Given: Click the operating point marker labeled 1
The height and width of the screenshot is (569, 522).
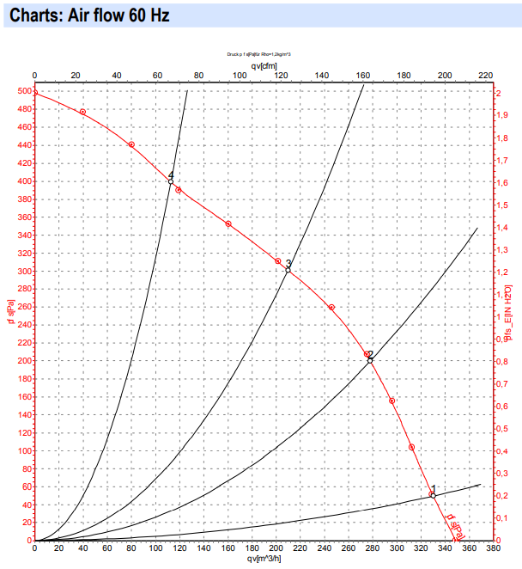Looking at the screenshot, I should pos(433,495).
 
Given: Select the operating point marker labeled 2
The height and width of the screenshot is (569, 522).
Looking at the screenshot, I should pos(370,360).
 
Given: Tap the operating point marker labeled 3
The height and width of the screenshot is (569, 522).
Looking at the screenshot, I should pos(288,270).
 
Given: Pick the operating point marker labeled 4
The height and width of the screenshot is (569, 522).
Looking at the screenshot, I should pos(171,181).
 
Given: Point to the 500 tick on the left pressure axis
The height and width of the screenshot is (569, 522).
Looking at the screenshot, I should pos(21,91).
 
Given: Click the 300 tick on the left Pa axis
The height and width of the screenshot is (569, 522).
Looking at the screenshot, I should pos(21,271).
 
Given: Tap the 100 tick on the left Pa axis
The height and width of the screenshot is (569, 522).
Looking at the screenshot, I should pos(21,450).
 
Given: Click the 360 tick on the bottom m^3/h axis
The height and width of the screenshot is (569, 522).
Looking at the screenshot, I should pos(469,548).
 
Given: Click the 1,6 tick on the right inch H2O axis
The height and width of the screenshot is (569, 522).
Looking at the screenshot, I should pos(505,181).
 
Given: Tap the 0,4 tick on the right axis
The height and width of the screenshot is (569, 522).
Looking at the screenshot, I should pos(505,450).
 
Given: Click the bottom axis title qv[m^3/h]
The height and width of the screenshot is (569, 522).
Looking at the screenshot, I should pos(264,559).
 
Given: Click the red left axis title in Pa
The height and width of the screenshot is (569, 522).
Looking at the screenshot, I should pos(8,308).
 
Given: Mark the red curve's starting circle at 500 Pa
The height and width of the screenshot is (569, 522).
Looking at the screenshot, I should pos(34,92).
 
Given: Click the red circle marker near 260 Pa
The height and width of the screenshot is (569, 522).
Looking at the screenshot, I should pos(331,307).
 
